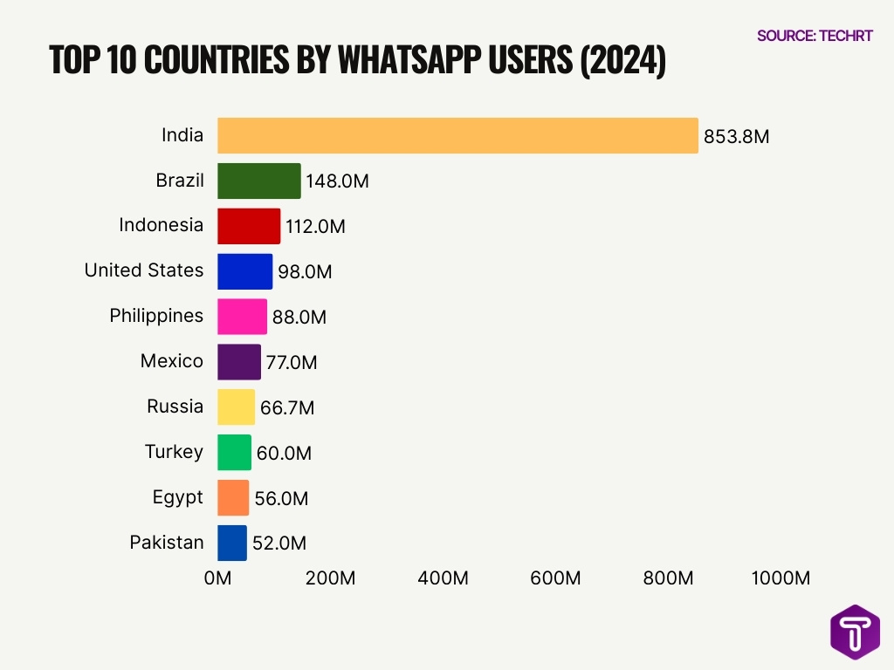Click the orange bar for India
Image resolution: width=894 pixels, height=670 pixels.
(457, 135)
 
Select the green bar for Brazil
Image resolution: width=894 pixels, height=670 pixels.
(258, 181)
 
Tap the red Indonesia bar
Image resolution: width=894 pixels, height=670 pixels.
(249, 226)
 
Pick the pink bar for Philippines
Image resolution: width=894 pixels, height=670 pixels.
(242, 317)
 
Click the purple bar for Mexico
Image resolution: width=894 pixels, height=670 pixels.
(238, 362)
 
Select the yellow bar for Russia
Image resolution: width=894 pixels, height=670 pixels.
(236, 407)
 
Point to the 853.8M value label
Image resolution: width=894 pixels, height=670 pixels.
(736, 137)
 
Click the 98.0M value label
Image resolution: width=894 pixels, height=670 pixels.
(305, 272)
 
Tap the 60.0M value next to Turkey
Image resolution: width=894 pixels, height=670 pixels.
(284, 454)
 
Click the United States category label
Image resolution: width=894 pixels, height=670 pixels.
(144, 270)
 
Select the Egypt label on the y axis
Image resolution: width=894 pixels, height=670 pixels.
(177, 497)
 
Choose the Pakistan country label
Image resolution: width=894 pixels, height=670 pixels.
(167, 543)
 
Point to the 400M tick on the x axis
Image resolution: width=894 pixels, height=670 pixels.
(444, 578)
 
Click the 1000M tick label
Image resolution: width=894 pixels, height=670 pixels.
(780, 578)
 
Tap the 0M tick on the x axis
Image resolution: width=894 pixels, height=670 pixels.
(217, 578)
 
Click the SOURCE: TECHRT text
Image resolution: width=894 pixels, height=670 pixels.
(815, 36)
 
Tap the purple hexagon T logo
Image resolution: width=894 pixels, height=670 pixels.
(855, 632)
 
